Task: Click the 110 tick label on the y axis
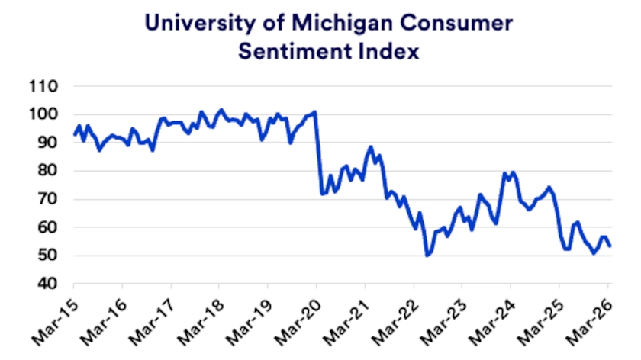click(x=44, y=86)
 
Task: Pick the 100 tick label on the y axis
click(x=44, y=114)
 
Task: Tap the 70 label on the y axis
click(x=48, y=199)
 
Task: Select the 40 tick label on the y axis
click(x=48, y=284)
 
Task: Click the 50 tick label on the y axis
click(x=48, y=256)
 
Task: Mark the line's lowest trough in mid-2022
click(x=427, y=255)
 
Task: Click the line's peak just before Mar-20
click(x=315, y=112)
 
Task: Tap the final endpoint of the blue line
click(x=610, y=246)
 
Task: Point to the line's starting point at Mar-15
click(x=74, y=135)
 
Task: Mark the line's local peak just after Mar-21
click(x=371, y=147)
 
